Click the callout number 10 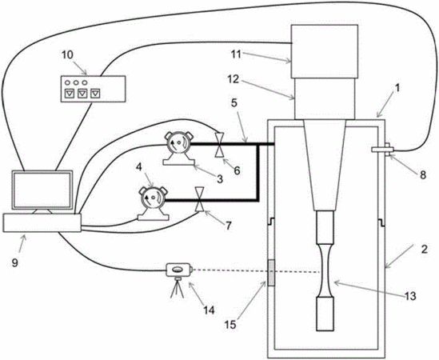point(67,55)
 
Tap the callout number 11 point(236,54)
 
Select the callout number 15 point(230,325)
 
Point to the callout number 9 point(15,262)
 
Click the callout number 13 point(410,296)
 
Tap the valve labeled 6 point(218,145)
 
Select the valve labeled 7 point(199,199)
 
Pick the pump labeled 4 point(153,203)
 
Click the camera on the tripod point(179,270)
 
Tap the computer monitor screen point(42,190)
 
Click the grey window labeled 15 point(271,273)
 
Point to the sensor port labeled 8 point(382,150)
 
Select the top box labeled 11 point(325,51)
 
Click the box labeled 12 point(325,98)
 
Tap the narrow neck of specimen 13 point(325,270)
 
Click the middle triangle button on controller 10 point(82,94)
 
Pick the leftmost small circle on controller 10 point(67,82)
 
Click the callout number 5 point(234,103)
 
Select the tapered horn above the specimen point(325,166)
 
